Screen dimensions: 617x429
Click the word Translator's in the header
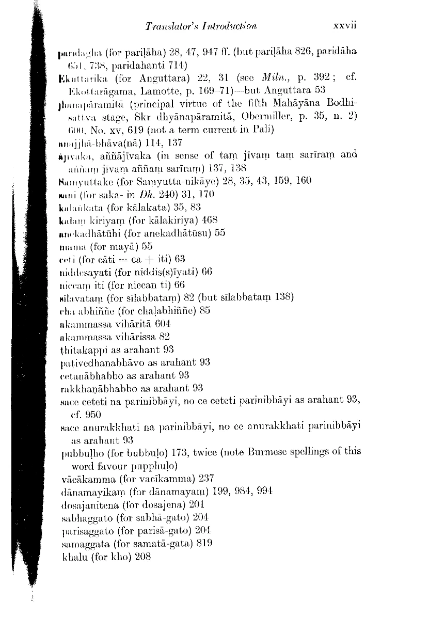(x=165, y=26)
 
